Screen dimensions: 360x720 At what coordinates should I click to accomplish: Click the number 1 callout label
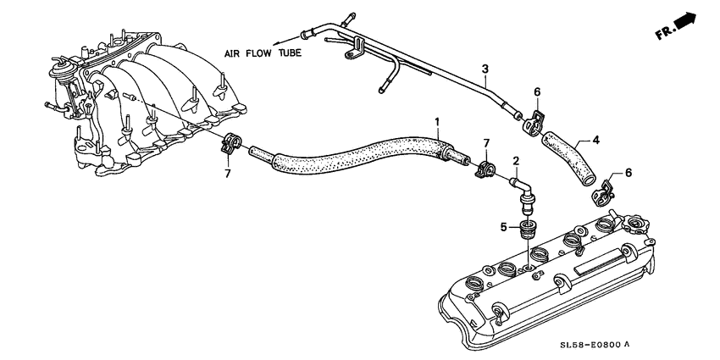coord(437,122)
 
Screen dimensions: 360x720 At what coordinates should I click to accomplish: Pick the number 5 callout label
coord(504,227)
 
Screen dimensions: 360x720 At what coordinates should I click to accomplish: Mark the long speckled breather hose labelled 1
coord(356,160)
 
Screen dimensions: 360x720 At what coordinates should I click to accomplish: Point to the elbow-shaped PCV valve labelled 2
coord(525,191)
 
